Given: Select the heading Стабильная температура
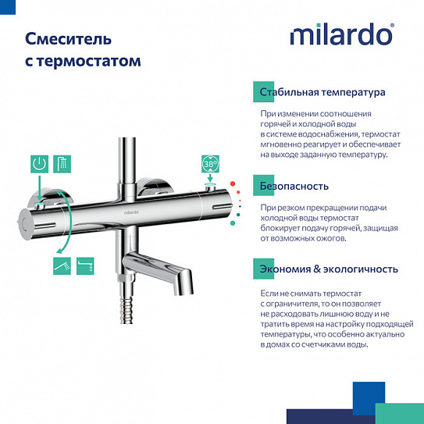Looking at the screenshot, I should pos(322,92).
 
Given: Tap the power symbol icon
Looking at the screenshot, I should pos(40,164).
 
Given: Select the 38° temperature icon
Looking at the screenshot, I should pos(210,166).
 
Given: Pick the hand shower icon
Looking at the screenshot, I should pos(62,267).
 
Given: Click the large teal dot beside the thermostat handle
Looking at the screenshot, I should pos(232,223).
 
